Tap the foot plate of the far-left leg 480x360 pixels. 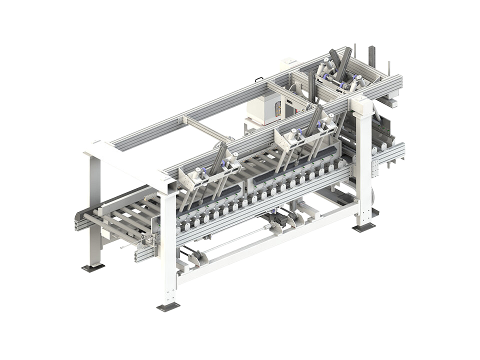coord(93,267)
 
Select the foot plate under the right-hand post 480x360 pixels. coord(363,227)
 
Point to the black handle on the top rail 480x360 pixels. coord(258,79)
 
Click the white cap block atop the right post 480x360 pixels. coord(361,103)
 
